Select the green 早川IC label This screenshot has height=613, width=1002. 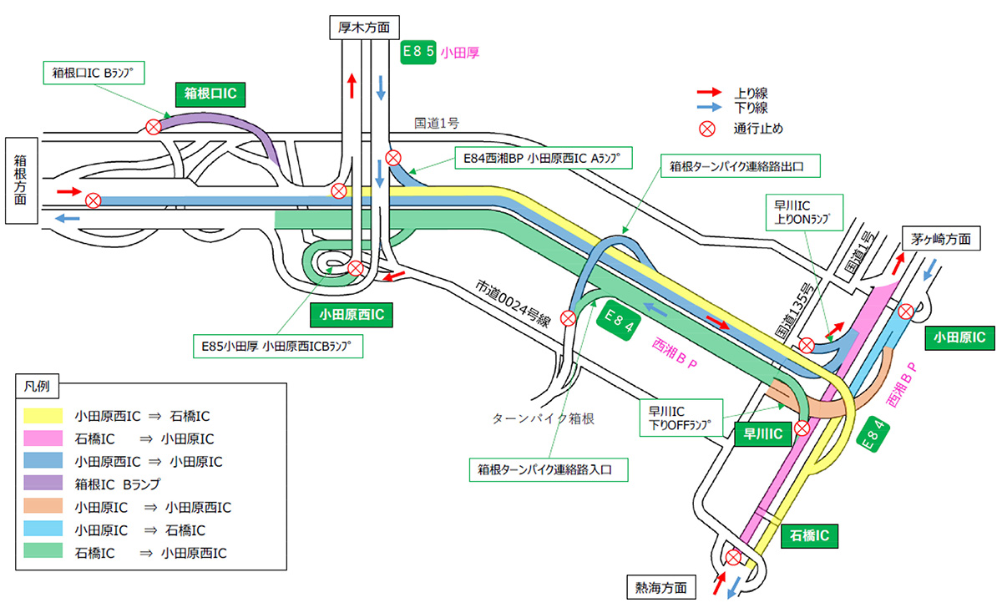tap(762, 433)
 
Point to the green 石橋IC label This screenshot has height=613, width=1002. tap(808, 536)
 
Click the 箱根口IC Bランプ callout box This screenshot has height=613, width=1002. tap(93, 73)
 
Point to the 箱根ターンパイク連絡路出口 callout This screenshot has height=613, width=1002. tap(740, 165)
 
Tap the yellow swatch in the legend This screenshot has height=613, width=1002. tap(44, 415)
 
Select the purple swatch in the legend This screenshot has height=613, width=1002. tap(44, 484)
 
